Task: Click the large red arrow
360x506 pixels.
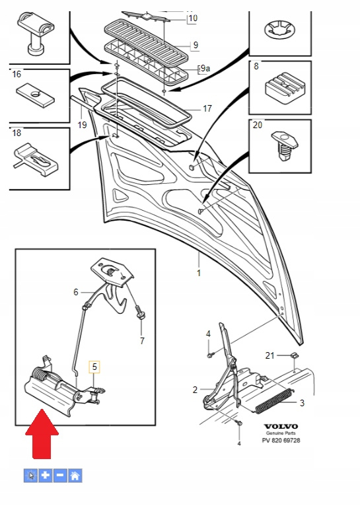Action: (x=42, y=434)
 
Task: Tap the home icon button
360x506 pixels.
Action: (x=75, y=476)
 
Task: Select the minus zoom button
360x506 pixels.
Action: (x=60, y=476)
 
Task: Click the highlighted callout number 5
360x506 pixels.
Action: (x=94, y=367)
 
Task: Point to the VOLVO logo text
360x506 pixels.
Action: (x=281, y=426)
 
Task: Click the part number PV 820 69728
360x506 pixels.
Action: (x=281, y=440)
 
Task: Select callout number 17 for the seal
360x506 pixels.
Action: (x=207, y=109)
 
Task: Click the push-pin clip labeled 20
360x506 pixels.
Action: (x=284, y=146)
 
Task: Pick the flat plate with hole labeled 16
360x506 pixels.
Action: (x=35, y=96)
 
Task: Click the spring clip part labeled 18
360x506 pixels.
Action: (x=36, y=160)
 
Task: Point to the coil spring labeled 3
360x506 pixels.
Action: (x=274, y=401)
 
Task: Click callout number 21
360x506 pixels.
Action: (x=270, y=355)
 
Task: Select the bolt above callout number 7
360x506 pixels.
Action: (x=140, y=313)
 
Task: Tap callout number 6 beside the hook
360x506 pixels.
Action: (x=76, y=292)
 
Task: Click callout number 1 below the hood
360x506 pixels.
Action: (x=199, y=273)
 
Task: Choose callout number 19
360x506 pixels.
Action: (x=83, y=125)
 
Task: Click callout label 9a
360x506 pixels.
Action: (x=205, y=69)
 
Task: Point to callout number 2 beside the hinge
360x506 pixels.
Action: (x=195, y=390)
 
